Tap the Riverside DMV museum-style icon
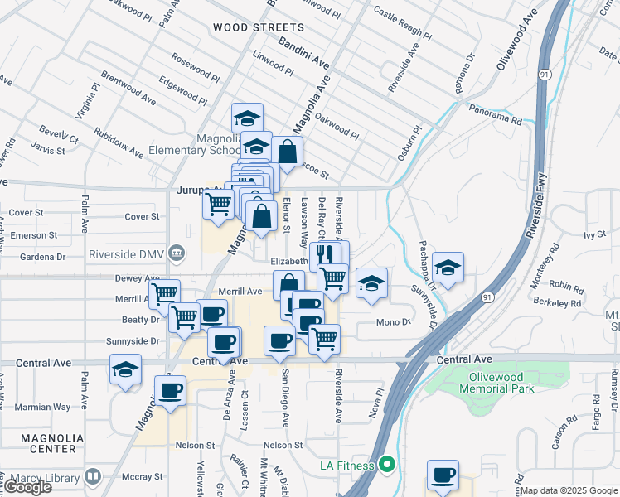tap(176, 252)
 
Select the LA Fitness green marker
tap(385, 466)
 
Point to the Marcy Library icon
tap(92, 476)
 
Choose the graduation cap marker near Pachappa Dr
tap(448, 268)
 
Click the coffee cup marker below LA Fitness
tap(443, 475)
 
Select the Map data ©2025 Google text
tap(569, 491)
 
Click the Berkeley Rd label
tap(559, 304)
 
